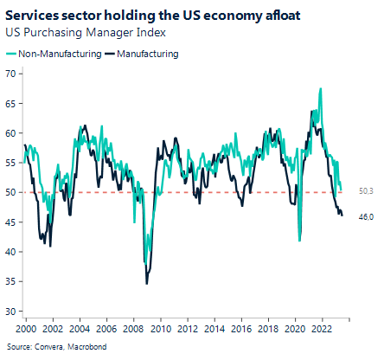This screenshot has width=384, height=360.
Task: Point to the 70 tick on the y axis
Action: (11, 74)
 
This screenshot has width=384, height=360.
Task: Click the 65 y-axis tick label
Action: (11, 104)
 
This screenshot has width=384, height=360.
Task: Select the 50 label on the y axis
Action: (11, 192)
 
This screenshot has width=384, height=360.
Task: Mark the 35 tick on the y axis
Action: (11, 281)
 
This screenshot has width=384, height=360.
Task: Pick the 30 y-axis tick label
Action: (11, 311)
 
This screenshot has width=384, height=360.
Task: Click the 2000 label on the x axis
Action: (26, 331)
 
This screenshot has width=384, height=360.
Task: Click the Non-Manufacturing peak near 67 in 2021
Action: (321, 88)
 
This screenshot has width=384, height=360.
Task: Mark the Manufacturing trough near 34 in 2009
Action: (146, 283)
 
